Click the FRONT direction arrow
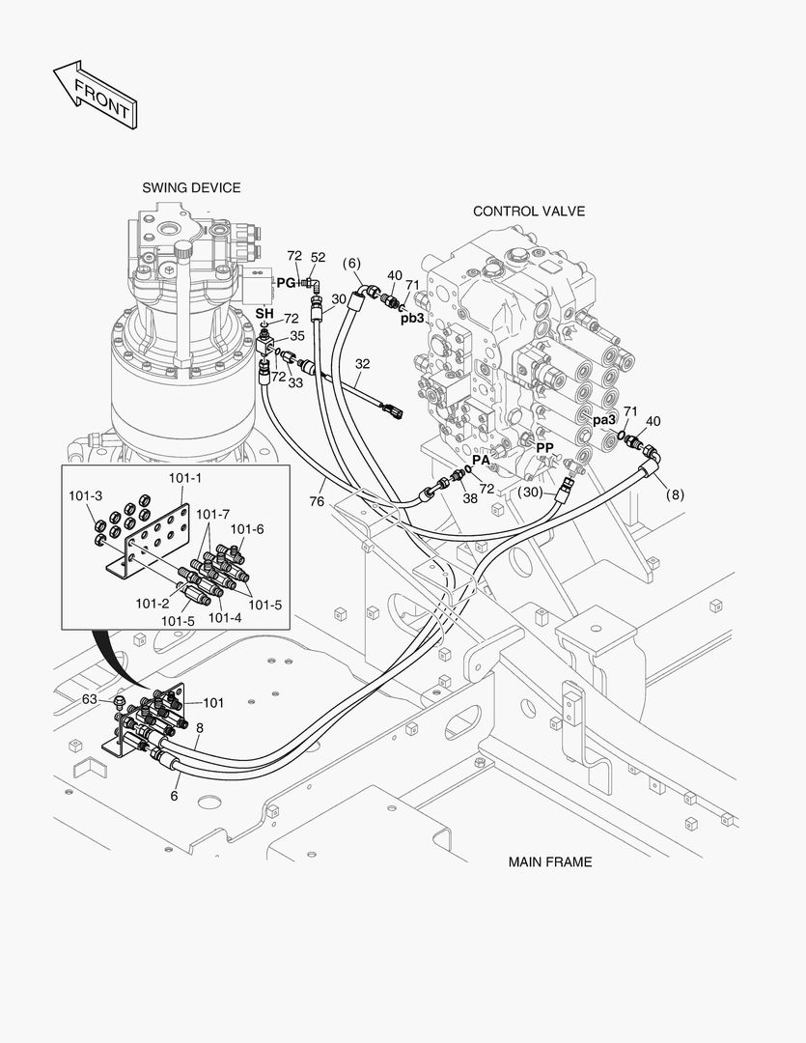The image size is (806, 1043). click(95, 95)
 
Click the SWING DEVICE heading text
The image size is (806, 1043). click(191, 187)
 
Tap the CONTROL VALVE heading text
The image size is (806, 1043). click(528, 211)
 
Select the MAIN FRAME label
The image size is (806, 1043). click(550, 861)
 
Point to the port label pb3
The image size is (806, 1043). click(413, 318)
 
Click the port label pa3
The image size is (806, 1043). click(605, 420)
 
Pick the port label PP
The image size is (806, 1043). click(545, 448)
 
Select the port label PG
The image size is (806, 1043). click(286, 282)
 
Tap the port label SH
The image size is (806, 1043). click(264, 314)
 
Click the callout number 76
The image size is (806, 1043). click(317, 501)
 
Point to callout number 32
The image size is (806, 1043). click(362, 365)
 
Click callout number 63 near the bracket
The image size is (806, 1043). click(89, 698)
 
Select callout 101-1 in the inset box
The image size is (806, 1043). click(184, 478)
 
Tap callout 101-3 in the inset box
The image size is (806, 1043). click(85, 495)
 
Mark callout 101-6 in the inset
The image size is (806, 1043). click(247, 528)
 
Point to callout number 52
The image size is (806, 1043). click(318, 257)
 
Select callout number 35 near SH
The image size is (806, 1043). click(297, 336)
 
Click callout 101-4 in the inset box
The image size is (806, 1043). click(225, 617)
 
